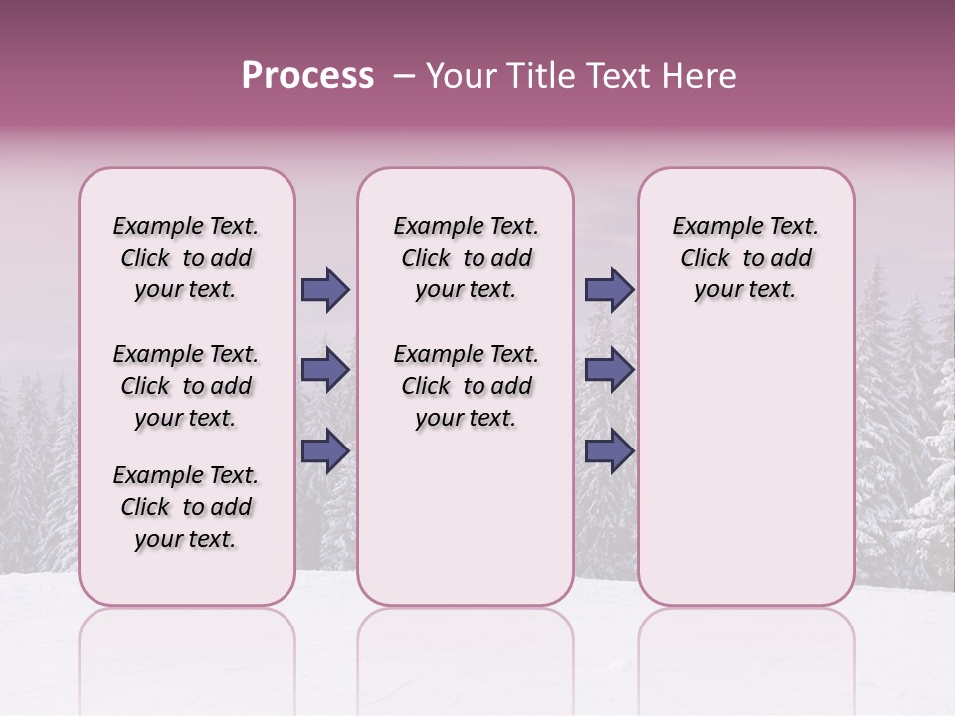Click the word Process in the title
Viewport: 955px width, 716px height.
click(307, 76)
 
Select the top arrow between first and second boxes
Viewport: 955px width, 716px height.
click(325, 290)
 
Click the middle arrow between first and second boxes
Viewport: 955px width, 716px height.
click(325, 371)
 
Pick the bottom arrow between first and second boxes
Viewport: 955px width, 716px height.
click(325, 450)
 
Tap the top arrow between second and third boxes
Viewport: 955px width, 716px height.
click(609, 290)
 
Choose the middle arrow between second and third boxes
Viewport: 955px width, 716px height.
click(609, 371)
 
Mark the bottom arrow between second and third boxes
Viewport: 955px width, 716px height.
click(609, 450)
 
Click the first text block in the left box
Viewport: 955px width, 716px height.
click(186, 258)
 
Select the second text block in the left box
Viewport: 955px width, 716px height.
click(186, 386)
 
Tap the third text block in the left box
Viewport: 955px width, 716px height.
click(186, 507)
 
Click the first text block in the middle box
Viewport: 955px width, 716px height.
click(466, 258)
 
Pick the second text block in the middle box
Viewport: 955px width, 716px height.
click(466, 386)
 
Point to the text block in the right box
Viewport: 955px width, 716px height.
click(745, 258)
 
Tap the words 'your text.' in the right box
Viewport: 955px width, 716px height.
click(745, 290)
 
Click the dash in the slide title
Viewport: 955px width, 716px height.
click(404, 76)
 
